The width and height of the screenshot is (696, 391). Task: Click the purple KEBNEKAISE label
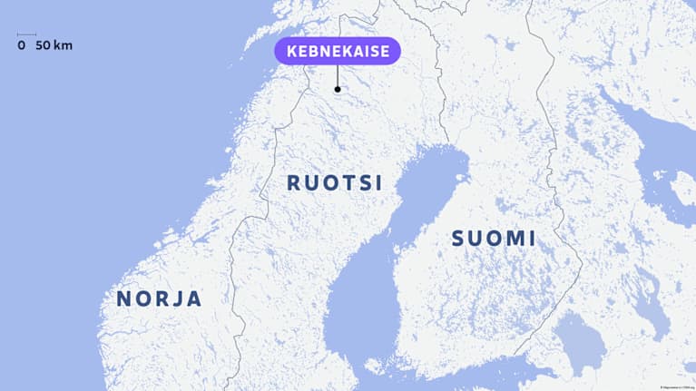tap(338, 52)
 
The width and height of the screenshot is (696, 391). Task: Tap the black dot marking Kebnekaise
tap(338, 89)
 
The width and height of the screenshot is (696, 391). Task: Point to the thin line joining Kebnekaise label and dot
tap(338, 76)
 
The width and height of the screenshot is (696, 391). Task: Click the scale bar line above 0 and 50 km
tap(26, 35)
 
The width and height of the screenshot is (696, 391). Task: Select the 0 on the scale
tap(21, 45)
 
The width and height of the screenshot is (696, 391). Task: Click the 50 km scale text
tap(54, 45)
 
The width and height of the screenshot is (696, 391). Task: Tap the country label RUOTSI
tap(334, 182)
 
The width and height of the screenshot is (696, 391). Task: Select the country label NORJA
tap(159, 298)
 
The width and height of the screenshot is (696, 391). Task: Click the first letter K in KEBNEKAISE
tap(292, 52)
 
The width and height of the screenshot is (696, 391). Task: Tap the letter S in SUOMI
tap(458, 239)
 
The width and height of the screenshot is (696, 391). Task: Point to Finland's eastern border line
tap(567, 227)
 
